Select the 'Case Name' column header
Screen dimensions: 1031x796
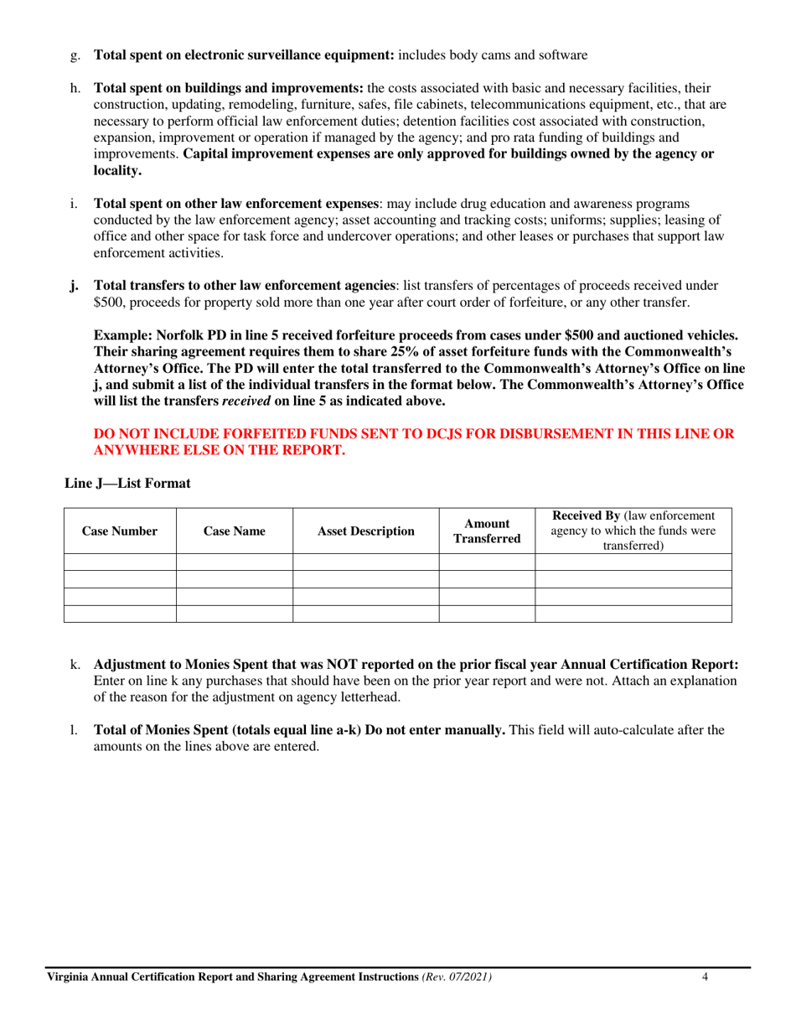[234, 531]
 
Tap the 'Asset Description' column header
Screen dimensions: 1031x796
[365, 531]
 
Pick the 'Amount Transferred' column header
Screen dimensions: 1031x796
[487, 531]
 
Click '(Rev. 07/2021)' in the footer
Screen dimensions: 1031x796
[457, 977]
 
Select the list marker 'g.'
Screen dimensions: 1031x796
[75, 55]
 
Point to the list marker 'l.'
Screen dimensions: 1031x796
[74, 730]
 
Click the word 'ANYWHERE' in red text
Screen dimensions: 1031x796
[134, 450]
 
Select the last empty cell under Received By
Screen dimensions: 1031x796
[633, 614]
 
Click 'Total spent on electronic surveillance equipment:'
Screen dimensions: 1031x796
[243, 55]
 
